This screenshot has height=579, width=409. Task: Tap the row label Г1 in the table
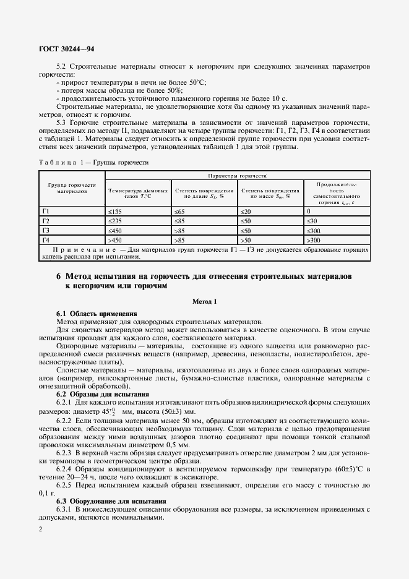(x=45, y=212)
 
